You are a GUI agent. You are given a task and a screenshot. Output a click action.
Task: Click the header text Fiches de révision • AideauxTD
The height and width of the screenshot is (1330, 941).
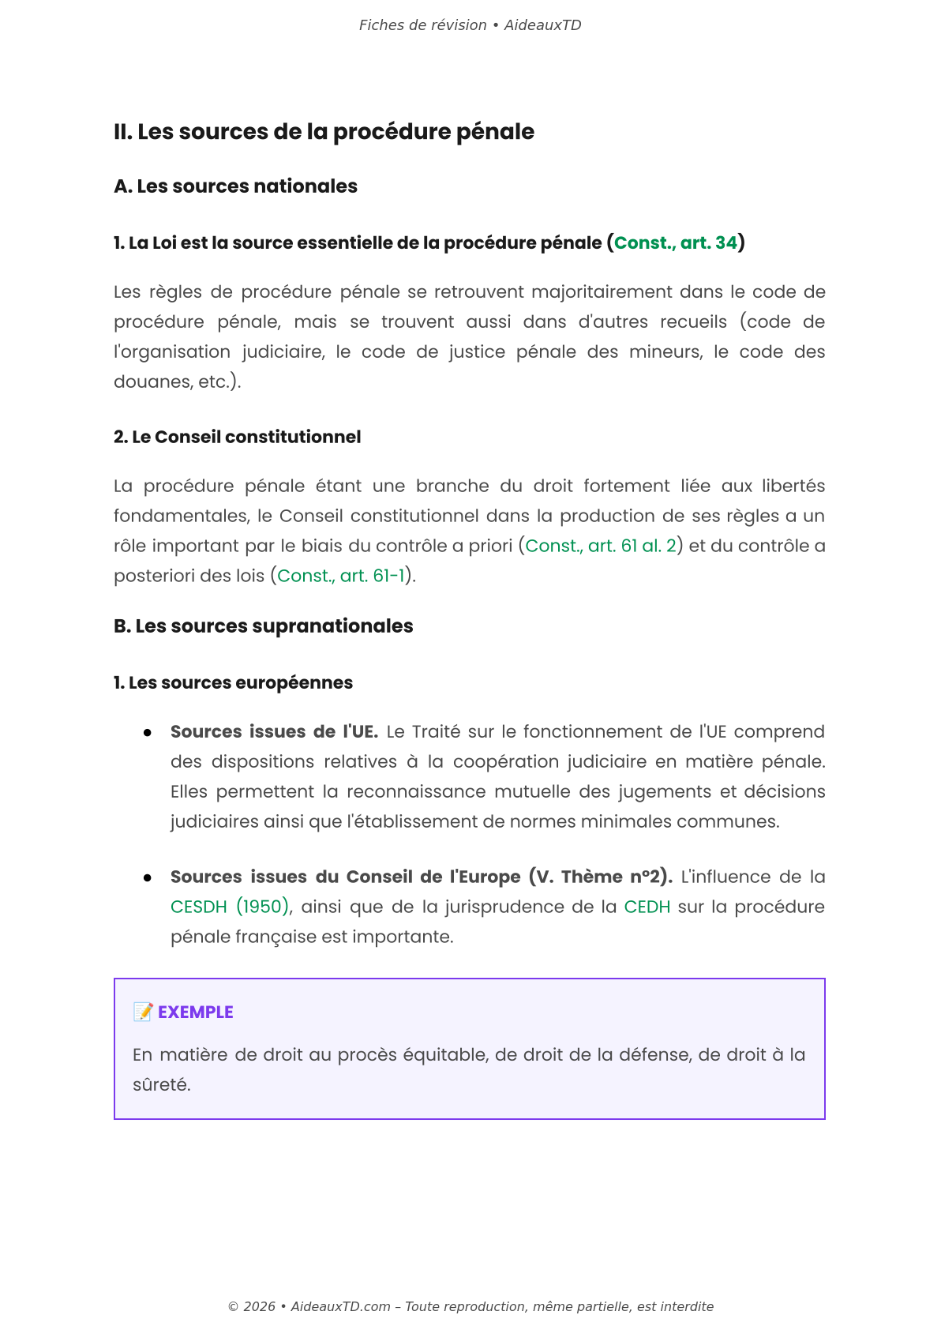(470, 25)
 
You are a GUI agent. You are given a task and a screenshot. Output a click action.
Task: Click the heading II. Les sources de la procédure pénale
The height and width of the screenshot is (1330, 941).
(324, 132)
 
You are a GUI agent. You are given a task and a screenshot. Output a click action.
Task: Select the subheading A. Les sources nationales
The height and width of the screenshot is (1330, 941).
(235, 186)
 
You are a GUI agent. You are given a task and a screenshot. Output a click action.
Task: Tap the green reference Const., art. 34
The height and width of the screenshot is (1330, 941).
(675, 243)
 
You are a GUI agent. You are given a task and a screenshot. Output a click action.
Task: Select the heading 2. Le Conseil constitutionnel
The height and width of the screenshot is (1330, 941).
(237, 438)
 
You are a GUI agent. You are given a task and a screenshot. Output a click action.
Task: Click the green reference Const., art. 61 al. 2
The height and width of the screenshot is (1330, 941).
(601, 547)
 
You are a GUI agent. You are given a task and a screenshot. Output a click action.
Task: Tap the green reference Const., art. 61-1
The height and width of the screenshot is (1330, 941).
(340, 577)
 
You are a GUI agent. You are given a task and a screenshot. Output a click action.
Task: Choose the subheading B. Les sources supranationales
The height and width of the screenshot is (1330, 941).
(263, 626)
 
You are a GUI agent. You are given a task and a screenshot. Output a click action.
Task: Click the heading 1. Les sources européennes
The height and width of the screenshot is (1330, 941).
(233, 683)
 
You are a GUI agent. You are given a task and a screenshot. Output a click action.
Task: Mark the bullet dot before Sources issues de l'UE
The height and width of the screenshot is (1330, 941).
(148, 733)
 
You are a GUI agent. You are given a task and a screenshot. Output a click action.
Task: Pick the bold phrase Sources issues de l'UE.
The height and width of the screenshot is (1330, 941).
(274, 732)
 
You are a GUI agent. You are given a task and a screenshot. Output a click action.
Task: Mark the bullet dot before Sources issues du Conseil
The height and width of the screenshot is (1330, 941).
(148, 878)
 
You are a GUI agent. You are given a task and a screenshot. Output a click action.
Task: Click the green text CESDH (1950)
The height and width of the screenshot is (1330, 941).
(230, 907)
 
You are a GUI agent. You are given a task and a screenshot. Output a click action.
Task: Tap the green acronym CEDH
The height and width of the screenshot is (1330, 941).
(647, 907)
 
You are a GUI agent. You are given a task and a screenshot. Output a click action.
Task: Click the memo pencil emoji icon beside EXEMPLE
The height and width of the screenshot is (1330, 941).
(143, 1012)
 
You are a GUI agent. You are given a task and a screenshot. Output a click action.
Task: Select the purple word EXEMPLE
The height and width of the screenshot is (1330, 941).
(195, 1013)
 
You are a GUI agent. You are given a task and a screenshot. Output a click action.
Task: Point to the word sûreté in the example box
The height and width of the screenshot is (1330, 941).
(160, 1085)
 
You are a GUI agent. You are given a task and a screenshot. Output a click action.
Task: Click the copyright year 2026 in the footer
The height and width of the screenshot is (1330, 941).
(259, 1307)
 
